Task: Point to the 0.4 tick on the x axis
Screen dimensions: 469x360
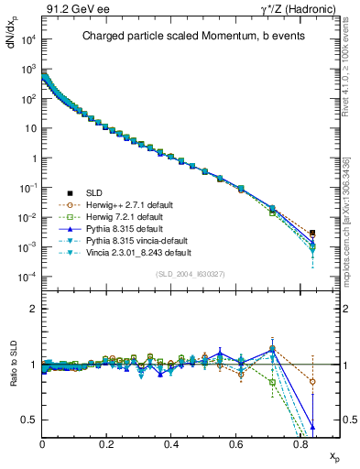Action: [171, 443]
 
